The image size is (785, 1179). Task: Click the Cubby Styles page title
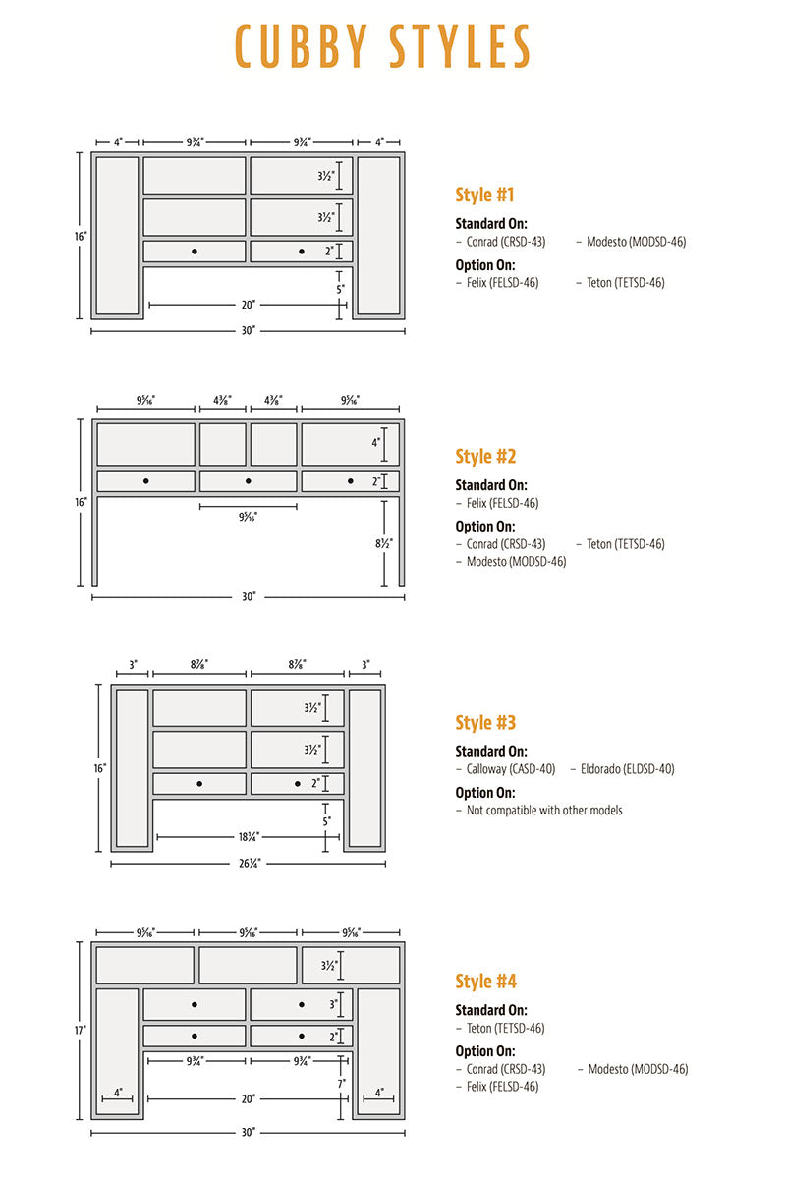pos(383,46)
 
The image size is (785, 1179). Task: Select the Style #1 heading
pos(484,195)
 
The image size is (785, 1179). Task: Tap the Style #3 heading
pos(485,723)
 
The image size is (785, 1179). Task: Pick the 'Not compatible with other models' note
pos(543,811)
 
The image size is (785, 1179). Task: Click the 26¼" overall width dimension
pos(250,864)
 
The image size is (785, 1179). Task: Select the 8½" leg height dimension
pos(383,542)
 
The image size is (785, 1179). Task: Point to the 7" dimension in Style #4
pos(341,1083)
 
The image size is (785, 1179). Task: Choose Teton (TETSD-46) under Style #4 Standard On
pos(505,1029)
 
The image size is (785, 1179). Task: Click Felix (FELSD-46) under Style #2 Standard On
pos(502,503)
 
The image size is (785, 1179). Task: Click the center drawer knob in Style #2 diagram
pos(248,480)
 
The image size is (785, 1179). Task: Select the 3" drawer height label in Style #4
pos(333,1004)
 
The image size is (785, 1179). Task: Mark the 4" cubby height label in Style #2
pos(375,443)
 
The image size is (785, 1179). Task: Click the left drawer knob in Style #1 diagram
pos(195,252)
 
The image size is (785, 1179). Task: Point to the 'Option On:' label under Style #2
pos(484,526)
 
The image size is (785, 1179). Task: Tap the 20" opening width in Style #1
pos(249,305)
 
